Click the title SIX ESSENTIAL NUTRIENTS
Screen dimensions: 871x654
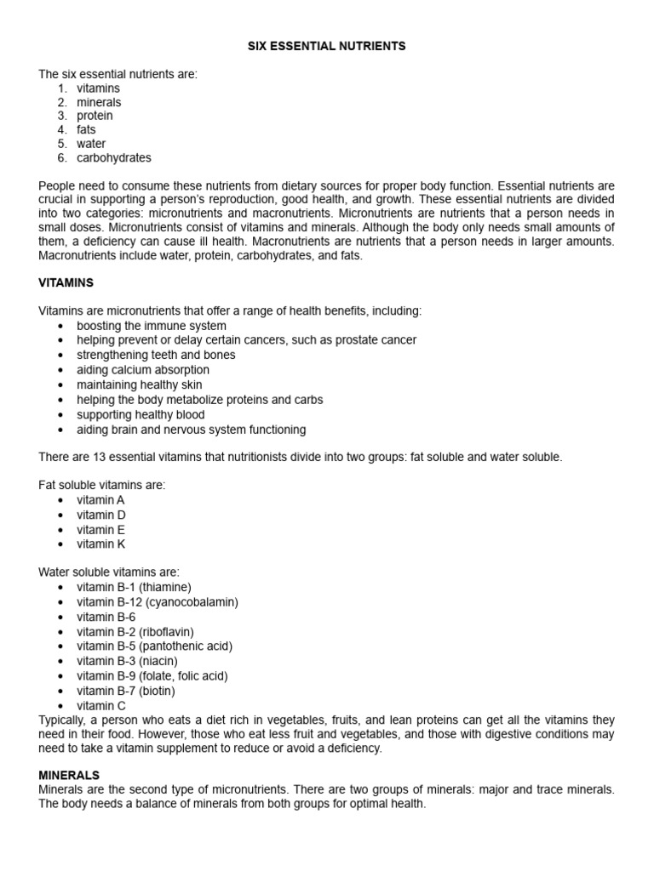coord(326,47)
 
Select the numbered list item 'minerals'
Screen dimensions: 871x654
coord(99,102)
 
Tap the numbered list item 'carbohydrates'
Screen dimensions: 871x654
coord(114,157)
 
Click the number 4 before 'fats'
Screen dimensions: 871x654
coord(62,130)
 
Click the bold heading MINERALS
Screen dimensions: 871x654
coord(69,776)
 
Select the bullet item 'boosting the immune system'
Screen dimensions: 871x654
coord(152,326)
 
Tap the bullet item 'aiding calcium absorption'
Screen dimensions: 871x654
coord(142,370)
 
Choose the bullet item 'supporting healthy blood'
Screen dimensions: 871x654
coord(141,414)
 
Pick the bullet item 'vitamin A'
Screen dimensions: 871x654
coord(100,500)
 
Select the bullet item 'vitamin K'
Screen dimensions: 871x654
coord(101,544)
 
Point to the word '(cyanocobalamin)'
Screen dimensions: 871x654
coord(192,602)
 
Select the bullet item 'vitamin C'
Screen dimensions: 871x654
coord(101,705)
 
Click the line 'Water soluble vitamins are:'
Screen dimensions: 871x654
coord(109,572)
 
